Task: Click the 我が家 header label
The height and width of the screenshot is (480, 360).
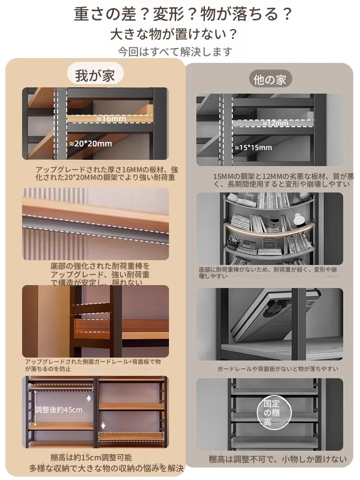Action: tap(95, 75)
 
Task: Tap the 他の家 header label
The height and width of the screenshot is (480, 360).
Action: tap(269, 79)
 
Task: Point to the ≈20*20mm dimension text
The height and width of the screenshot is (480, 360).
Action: tap(91, 144)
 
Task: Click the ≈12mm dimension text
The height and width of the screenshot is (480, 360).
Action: tap(275, 123)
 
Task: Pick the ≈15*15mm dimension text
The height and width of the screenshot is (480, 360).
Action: tap(253, 148)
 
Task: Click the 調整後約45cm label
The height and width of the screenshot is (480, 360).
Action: tap(59, 409)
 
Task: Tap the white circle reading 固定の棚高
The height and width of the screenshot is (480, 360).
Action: tap(274, 412)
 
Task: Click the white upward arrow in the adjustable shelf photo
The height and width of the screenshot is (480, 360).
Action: tap(89, 398)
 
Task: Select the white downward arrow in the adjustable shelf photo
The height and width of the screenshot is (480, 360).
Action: tap(103, 425)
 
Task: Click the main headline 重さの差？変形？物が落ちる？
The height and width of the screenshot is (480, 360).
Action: tap(183, 14)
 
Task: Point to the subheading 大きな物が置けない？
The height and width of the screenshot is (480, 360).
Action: tap(174, 34)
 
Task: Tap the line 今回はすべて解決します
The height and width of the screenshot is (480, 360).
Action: tap(175, 52)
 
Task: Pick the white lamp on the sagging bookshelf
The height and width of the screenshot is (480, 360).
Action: tap(297, 218)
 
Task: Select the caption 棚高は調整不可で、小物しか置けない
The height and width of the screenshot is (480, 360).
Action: tap(277, 459)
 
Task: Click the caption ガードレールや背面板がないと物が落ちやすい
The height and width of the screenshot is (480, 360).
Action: tap(277, 369)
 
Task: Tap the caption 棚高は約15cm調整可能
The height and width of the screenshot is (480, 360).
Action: tap(91, 457)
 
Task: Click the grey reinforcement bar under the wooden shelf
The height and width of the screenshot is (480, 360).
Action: tap(96, 227)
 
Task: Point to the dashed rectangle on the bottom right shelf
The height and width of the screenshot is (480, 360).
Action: tap(132, 436)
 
